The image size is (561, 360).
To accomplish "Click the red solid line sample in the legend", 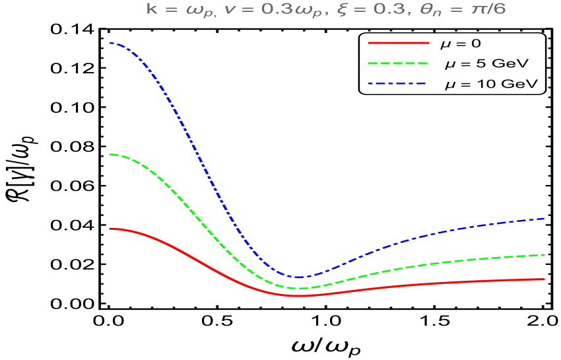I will coord(399,43).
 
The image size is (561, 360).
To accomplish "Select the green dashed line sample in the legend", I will coord(399,63).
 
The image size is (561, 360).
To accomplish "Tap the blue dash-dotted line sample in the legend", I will coord(399,84).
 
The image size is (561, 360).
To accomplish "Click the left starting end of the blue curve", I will coord(110,43).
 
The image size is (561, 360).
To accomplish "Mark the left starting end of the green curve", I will coord(110,154).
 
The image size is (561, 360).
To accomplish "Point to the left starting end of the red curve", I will coord(110,229).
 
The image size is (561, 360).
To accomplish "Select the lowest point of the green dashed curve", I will coord(301,288).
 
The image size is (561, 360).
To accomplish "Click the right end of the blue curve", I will coord(544,218).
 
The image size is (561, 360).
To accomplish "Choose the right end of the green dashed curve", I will coord(544,254).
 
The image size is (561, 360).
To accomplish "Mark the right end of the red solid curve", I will coord(544,279).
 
